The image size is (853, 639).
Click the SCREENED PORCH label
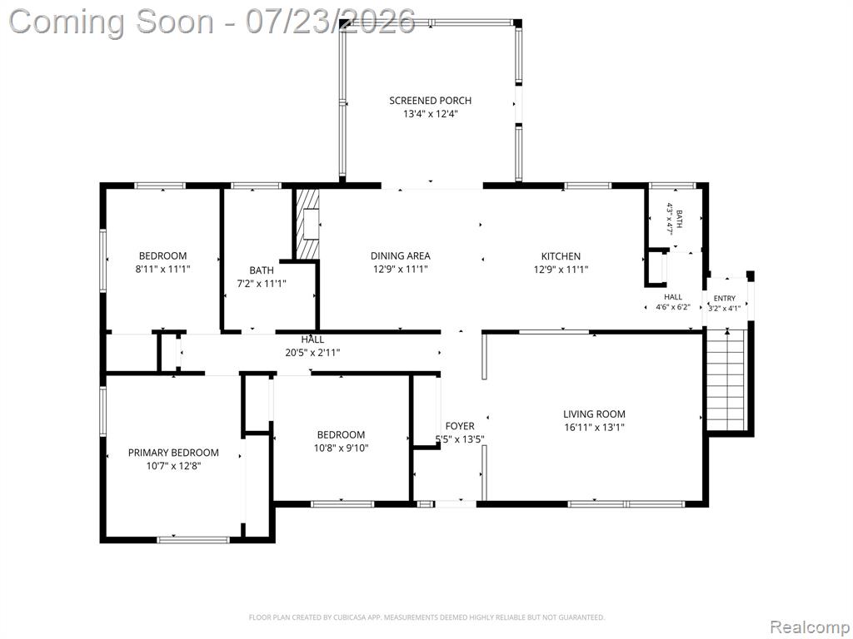[x=431, y=101]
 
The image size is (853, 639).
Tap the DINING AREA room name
[x=401, y=256]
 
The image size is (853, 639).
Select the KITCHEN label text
[x=561, y=256]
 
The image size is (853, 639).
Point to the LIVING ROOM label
[x=594, y=414]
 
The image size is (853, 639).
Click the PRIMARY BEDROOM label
[x=173, y=453]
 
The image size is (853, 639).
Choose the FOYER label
[x=460, y=426]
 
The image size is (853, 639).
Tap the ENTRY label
[x=725, y=299]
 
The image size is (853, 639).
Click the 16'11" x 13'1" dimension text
[x=594, y=427]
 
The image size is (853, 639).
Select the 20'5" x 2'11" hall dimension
[x=313, y=353]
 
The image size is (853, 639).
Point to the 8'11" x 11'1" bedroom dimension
[x=162, y=269]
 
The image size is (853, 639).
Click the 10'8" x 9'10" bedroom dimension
[x=341, y=448]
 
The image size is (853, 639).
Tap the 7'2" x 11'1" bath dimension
[x=262, y=283]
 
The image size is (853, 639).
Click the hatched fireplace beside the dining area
[x=307, y=224]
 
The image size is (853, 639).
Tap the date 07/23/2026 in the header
[x=331, y=22]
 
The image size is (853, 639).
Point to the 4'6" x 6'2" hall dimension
[x=673, y=307]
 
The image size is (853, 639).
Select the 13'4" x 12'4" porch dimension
[x=431, y=114]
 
